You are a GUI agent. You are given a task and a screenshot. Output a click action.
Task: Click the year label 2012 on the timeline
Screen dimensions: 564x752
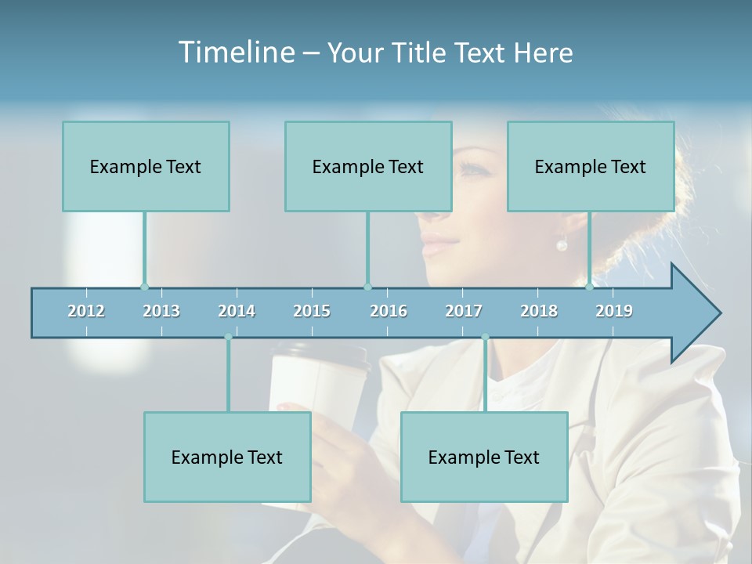click(86, 311)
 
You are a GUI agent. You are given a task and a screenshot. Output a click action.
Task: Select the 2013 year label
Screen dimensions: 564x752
click(161, 311)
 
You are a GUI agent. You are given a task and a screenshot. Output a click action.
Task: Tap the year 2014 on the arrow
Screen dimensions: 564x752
click(237, 311)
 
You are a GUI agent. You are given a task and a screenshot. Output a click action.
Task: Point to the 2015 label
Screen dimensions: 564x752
click(312, 311)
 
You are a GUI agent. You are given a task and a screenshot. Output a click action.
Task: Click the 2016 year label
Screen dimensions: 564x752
click(389, 311)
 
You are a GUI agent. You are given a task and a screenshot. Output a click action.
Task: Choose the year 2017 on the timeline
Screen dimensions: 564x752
click(464, 311)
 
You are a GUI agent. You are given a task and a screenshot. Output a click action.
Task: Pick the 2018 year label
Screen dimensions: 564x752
click(539, 311)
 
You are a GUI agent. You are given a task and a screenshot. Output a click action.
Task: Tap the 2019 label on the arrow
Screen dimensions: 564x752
click(614, 311)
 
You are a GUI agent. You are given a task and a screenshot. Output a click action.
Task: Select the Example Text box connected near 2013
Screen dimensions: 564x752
click(146, 166)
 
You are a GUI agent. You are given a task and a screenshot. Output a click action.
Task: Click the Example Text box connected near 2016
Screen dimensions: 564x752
click(368, 166)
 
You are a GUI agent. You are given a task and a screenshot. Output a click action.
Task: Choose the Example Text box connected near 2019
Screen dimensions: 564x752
click(591, 166)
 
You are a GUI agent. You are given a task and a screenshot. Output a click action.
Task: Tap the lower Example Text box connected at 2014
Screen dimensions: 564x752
click(227, 457)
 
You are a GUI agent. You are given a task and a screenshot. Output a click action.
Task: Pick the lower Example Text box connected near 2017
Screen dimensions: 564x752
click(484, 457)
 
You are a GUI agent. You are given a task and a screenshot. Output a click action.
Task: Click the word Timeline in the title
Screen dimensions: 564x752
click(235, 52)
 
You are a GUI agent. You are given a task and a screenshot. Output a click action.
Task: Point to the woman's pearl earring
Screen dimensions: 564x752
click(562, 245)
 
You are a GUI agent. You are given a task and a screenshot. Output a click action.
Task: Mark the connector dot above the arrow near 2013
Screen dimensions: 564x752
click(144, 287)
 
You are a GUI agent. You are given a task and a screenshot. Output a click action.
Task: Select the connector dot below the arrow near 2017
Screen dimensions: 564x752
click(485, 338)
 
